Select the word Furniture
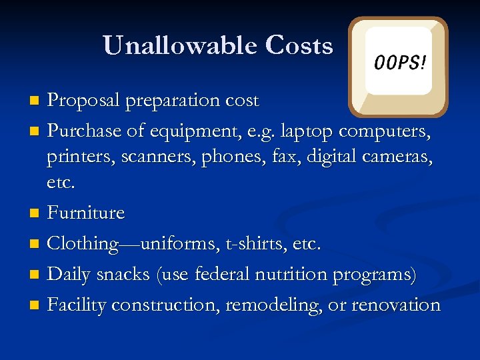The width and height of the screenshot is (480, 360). tap(86, 213)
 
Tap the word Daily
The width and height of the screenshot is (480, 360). tap(69, 274)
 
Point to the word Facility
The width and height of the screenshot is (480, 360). tap(77, 305)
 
